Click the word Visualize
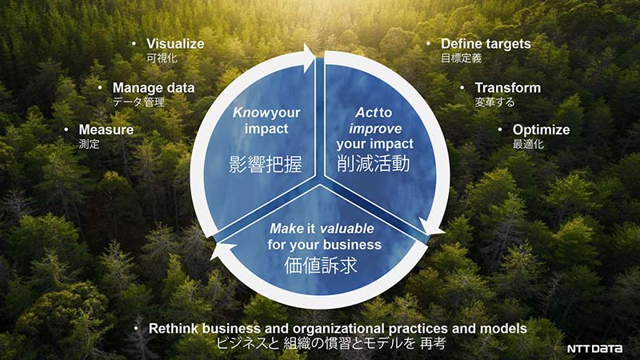pos(175,44)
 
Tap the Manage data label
pos(154,88)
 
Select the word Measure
pos(106,130)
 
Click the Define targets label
pos(486,44)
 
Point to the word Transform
pos(507,88)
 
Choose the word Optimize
pos(541,130)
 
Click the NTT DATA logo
pos(594,349)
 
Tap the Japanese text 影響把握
pos(266,165)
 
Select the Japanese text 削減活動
pos(373,164)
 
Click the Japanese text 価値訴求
pos(321,265)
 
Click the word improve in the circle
pos(375,129)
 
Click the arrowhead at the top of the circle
pos(308,58)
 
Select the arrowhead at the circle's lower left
pos(222,250)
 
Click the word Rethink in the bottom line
pos(174,329)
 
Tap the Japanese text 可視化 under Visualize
pos(162,58)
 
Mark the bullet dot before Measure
pos(66,130)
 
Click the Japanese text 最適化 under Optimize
pos(528,144)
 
